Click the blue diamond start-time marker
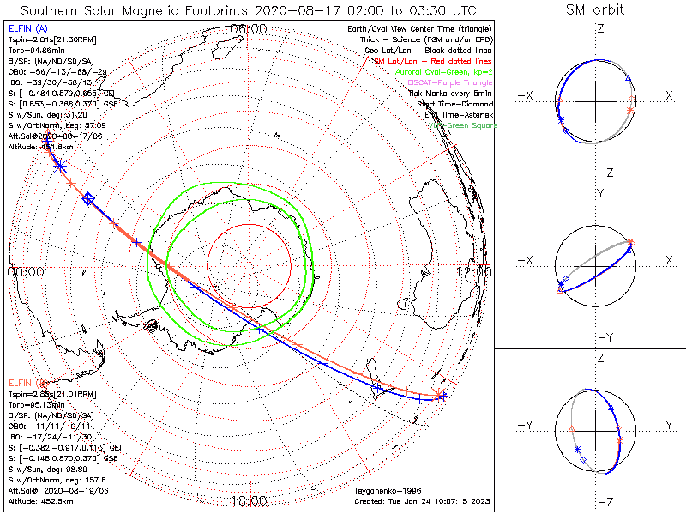point(88,199)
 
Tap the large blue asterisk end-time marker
point(60,166)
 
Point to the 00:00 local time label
point(25,271)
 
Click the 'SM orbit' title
point(595,10)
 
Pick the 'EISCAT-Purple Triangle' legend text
point(448,82)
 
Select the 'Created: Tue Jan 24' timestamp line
point(421,501)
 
